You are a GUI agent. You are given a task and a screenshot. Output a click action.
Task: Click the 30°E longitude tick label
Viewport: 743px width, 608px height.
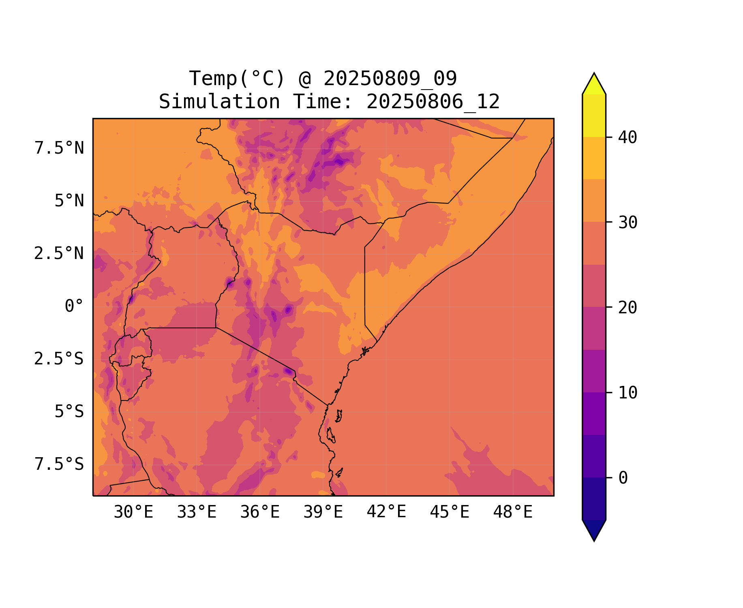133,512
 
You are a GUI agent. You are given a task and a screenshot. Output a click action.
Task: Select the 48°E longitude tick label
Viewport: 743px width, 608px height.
513,512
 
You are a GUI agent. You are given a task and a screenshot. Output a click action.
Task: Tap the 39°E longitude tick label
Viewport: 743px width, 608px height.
323,512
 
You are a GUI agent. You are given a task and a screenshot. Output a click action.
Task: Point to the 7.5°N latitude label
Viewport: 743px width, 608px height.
59,148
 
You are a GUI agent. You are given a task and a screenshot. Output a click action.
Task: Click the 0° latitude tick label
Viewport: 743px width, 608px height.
74,306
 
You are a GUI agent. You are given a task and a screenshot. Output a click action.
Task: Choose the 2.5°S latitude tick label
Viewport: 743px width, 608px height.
59,359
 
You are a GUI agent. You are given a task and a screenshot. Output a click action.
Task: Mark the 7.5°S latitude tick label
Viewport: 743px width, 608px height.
59,465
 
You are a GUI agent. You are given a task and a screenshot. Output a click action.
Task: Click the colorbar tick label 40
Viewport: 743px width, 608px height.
627,137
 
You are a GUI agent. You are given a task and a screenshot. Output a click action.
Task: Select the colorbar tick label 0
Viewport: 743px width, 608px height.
623,478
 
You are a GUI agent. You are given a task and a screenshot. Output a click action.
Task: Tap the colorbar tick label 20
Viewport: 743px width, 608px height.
627,308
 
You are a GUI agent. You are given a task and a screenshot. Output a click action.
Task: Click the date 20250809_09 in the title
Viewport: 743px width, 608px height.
390,79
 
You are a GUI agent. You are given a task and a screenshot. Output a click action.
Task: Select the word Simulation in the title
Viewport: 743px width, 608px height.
219,102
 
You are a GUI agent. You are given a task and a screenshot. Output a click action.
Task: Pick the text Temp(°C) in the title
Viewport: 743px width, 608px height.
237,79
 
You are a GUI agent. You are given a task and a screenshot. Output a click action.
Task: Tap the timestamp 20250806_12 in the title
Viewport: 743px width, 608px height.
433,102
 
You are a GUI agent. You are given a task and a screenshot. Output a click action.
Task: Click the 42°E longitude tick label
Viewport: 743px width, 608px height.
386,512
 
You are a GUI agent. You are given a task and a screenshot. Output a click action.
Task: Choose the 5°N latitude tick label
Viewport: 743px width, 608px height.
69,201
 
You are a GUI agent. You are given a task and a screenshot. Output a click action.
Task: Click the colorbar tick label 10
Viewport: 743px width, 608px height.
627,393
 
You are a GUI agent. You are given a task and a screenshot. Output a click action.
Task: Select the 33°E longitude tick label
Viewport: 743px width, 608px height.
197,512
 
